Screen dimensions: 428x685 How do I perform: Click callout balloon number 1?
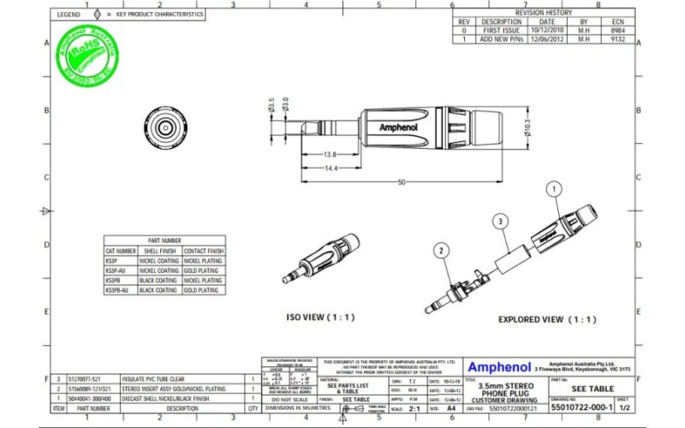pyautogui.click(x=554, y=187)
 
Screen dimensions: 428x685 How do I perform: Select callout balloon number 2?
pyautogui.click(x=441, y=251)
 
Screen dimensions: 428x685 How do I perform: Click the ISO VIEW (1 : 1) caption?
pyautogui.click(x=319, y=316)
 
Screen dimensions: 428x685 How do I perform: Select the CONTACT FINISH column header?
pyautogui.click(x=204, y=251)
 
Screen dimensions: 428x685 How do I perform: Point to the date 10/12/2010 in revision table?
pyautogui.click(x=547, y=30)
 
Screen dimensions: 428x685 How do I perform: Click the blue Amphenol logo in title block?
pyautogui.click(x=498, y=366)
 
